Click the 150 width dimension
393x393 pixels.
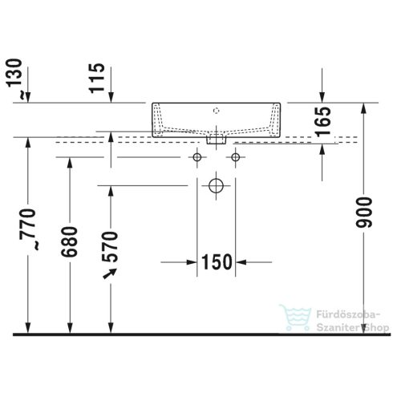point(217,261)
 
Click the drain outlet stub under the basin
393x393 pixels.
point(214,139)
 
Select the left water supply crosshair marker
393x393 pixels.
point(196,157)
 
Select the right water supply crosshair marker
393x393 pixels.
point(235,157)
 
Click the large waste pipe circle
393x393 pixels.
point(215,185)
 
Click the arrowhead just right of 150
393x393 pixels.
point(241,261)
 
